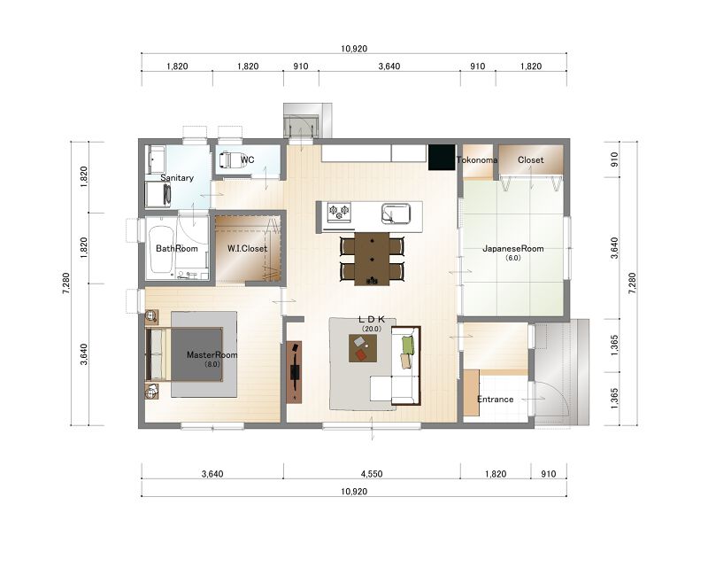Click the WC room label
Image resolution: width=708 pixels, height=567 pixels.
pyautogui.click(x=248, y=159)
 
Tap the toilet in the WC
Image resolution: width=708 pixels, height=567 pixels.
pyautogui.click(x=231, y=160)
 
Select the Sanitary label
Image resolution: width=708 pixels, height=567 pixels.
pyautogui.click(x=177, y=178)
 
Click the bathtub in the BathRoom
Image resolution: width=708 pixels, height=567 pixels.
pyautogui.click(x=161, y=249)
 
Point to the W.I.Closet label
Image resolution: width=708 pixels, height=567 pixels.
pyautogui.click(x=247, y=248)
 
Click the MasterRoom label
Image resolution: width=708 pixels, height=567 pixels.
pyautogui.click(x=212, y=355)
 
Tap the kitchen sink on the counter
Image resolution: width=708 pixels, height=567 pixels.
pyautogui.click(x=396, y=214)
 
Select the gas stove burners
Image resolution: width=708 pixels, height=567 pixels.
pyautogui.click(x=339, y=212)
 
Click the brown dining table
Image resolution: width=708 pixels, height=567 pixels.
pyautogui.click(x=372, y=259)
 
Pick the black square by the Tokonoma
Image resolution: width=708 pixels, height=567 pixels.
pyautogui.click(x=442, y=157)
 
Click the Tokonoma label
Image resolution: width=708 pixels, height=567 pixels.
pyautogui.click(x=477, y=159)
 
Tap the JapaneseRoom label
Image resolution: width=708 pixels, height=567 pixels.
pyautogui.click(x=513, y=248)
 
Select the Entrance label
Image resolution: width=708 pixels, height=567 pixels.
pyautogui.click(x=496, y=400)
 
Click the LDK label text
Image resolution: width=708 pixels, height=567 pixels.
pyautogui.click(x=372, y=320)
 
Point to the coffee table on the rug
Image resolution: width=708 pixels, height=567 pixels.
pyautogui.click(x=363, y=347)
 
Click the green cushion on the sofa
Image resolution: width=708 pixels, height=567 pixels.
pyautogui.click(x=408, y=345)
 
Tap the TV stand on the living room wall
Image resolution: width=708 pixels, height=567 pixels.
pyautogui.click(x=295, y=372)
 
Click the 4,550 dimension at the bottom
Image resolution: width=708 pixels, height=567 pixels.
pyautogui.click(x=372, y=474)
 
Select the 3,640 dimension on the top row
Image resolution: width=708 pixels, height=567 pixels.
pyautogui.click(x=389, y=66)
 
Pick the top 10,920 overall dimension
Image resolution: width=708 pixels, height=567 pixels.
pyautogui.click(x=354, y=49)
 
